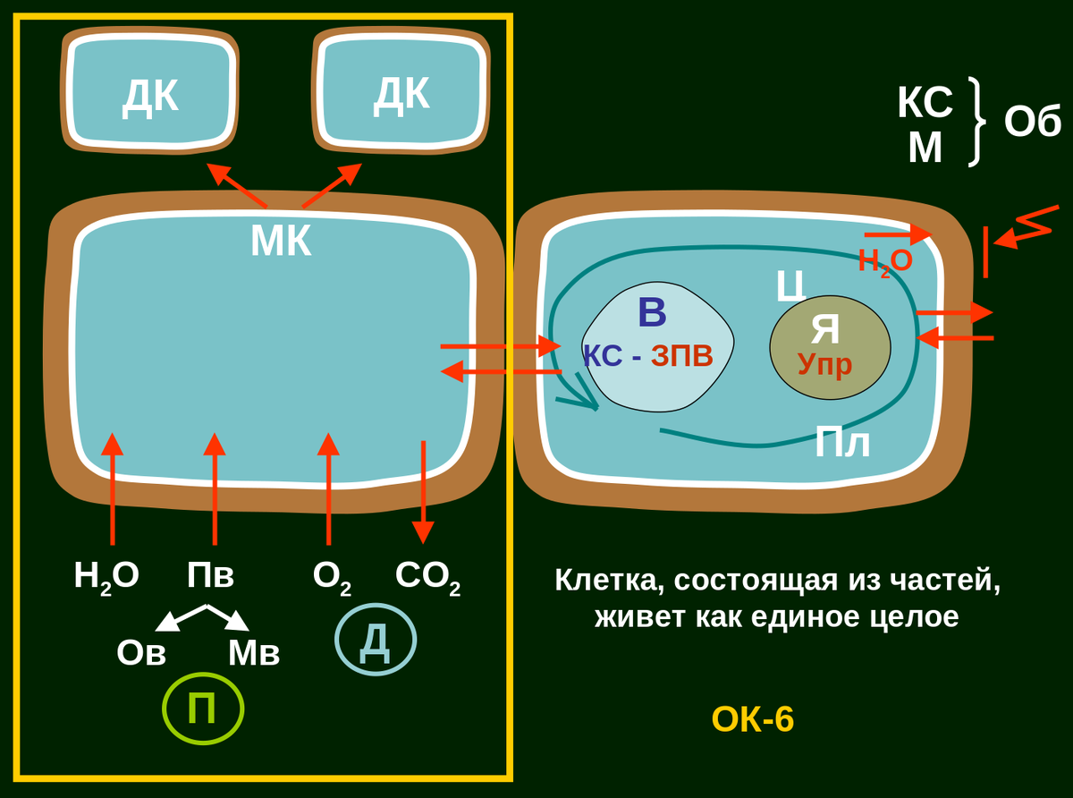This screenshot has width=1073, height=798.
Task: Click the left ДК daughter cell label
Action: coord(150,96)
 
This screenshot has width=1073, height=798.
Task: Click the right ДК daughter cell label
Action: coord(401,93)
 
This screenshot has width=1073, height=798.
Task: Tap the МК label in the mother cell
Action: coord(281,241)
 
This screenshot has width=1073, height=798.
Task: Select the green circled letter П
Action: coord(203,709)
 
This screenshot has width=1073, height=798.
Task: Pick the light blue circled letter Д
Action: coord(376,640)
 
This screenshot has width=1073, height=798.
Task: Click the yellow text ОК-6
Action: coord(752,719)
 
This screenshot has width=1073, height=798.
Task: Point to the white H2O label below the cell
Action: coord(106,575)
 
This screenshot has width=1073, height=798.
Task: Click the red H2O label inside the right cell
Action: coord(884,260)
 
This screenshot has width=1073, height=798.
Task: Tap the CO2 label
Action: coord(427,575)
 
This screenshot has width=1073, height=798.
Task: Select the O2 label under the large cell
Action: coord(331,575)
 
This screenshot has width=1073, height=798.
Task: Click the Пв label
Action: coord(210,575)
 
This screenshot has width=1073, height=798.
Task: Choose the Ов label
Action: coord(141,653)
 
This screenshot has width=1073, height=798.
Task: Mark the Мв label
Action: coord(254,653)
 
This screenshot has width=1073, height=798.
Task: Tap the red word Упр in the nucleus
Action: coord(824,364)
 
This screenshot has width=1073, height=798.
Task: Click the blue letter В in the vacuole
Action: coord(652,313)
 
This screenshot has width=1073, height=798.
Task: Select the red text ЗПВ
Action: coord(682,356)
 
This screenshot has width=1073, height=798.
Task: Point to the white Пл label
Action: coord(841,443)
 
